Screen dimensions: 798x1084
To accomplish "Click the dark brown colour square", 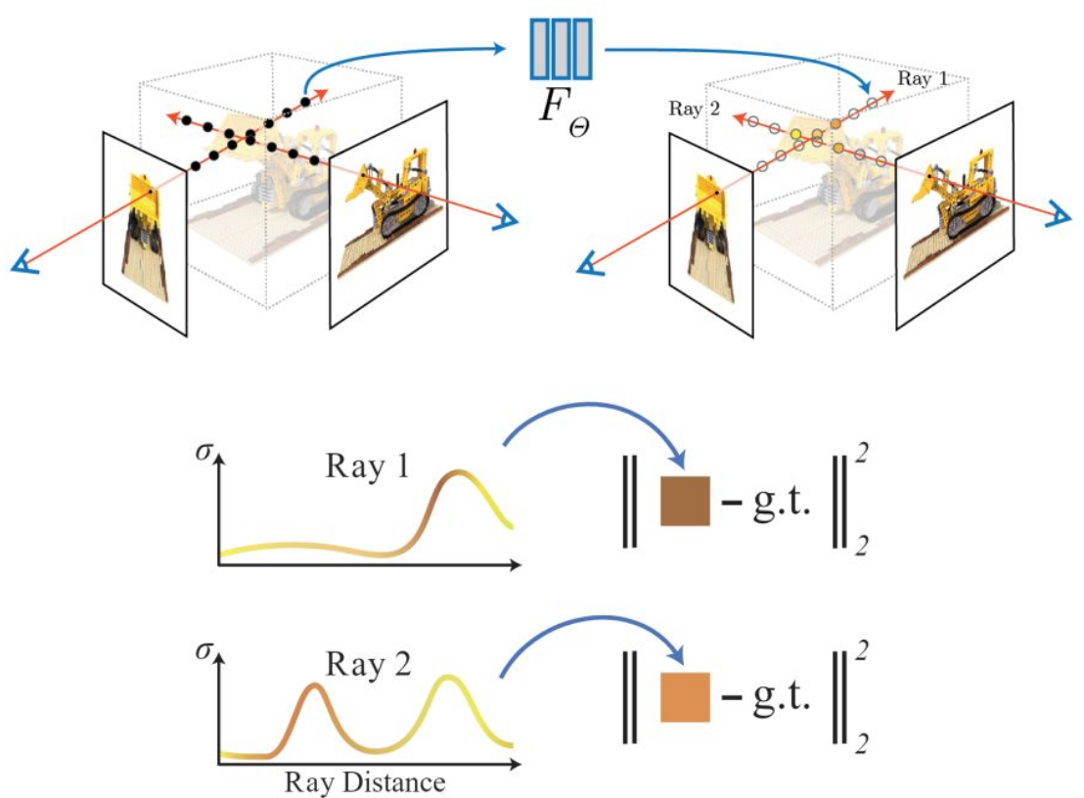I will (x=684, y=501).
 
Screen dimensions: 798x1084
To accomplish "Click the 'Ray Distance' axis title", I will (x=365, y=782).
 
